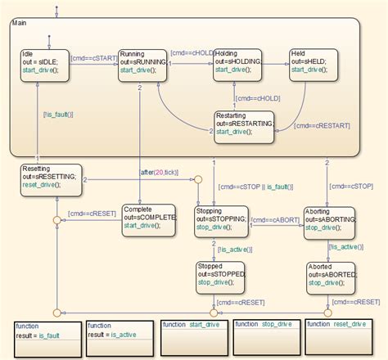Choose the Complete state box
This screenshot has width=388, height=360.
(147, 220)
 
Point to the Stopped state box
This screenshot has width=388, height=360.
(221, 276)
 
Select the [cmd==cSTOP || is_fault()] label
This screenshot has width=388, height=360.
(255, 187)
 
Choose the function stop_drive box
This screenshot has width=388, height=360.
(267, 335)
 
